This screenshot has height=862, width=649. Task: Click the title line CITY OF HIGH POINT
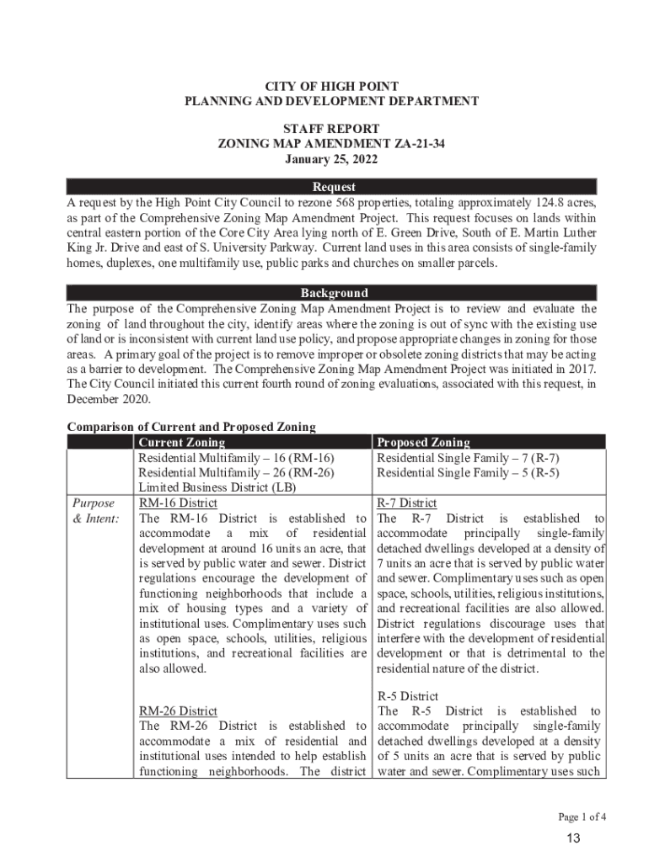tap(332, 87)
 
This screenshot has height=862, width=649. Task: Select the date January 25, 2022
tap(332, 159)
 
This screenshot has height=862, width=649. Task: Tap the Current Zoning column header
tap(181, 442)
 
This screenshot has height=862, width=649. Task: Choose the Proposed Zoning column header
tap(423, 442)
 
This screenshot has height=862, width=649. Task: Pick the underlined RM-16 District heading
tap(178, 503)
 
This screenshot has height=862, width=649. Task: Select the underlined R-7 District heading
tap(406, 503)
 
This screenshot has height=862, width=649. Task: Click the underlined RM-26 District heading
tap(178, 711)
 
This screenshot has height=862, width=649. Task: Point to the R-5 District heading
tap(407, 696)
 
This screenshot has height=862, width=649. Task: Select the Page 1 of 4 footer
tap(581, 817)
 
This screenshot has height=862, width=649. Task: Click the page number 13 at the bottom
tap(574, 838)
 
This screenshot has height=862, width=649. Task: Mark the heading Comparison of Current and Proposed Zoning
tap(191, 427)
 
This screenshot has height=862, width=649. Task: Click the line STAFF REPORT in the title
tap(332, 129)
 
